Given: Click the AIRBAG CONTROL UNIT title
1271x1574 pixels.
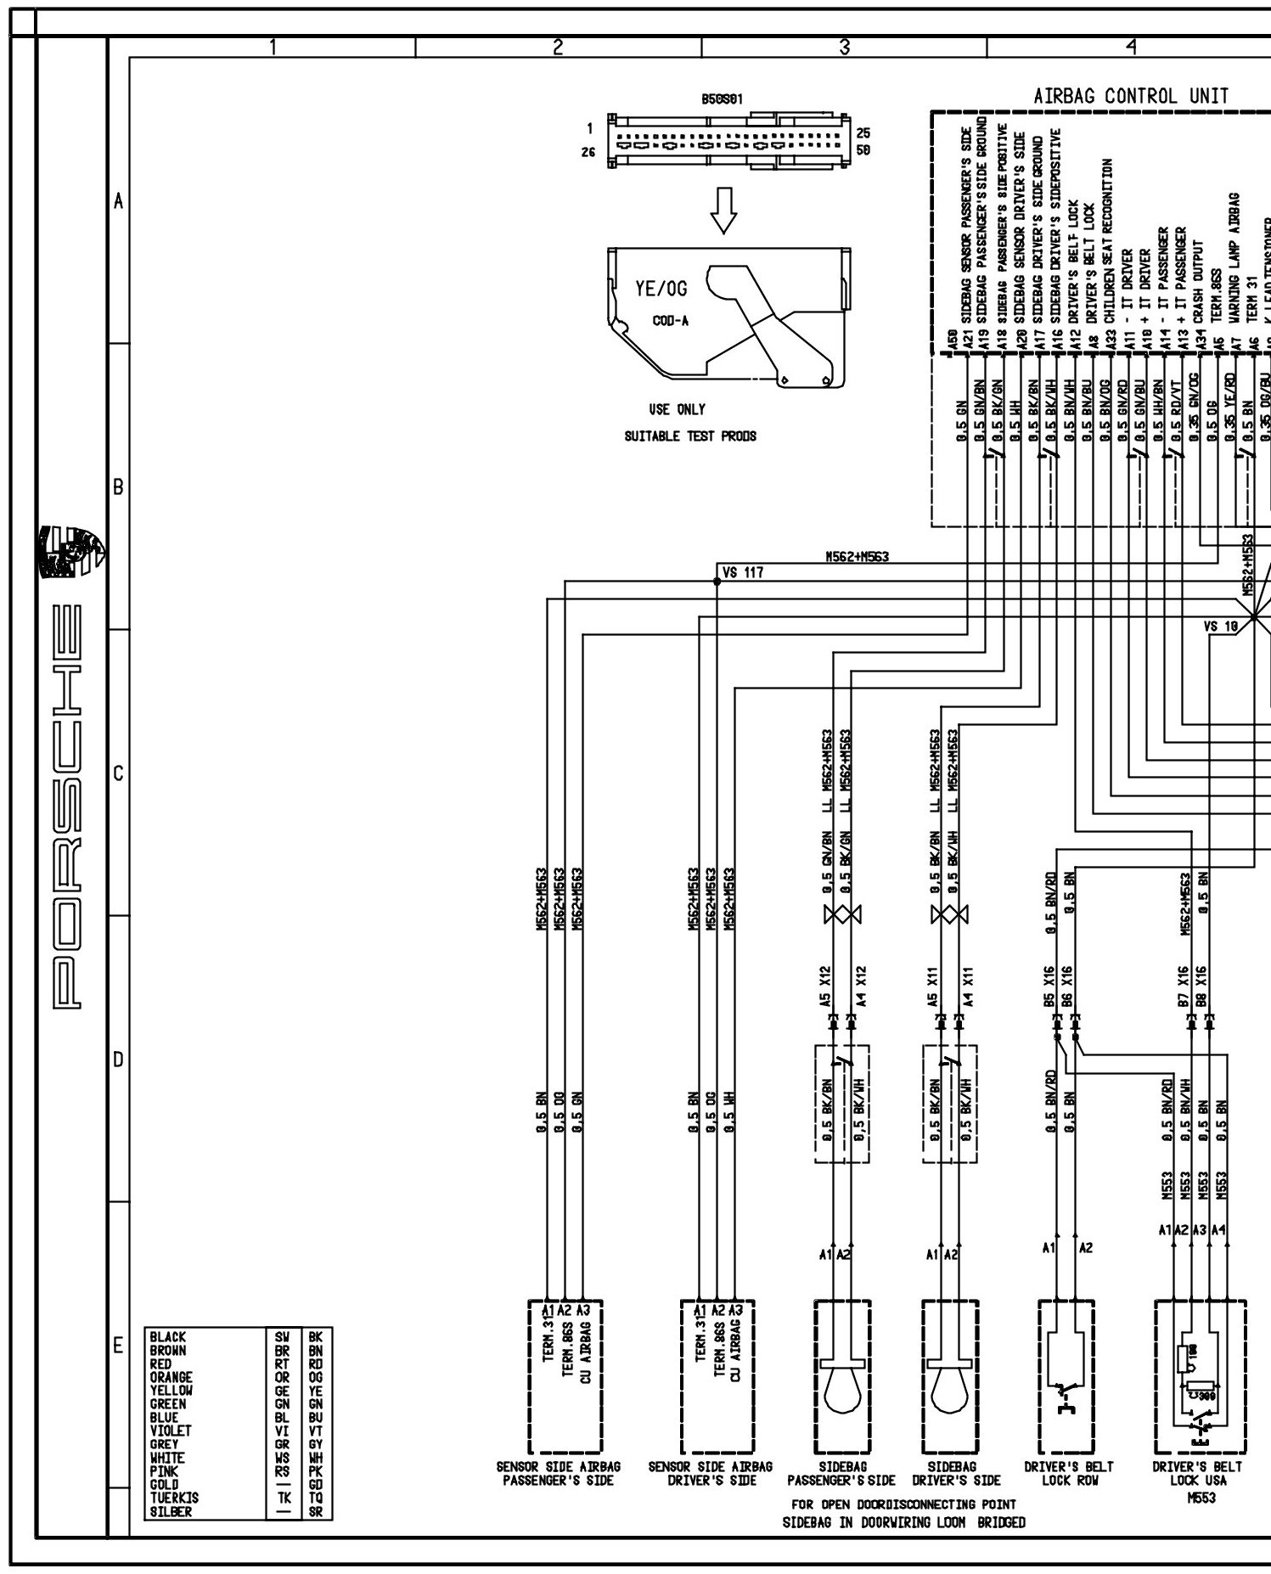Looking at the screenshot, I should pos(1131,96).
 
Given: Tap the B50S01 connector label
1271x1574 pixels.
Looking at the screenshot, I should pos(722,99).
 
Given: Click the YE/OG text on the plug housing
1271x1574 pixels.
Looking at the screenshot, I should pos(661,290).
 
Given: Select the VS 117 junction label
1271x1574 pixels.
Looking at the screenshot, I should pos(743,573).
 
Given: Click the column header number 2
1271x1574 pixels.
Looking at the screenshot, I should pos(558,48).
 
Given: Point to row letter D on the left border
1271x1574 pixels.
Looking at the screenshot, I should pos(118,1060).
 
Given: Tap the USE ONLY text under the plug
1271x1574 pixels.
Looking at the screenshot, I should pos(677,409).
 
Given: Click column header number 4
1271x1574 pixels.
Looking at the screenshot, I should pos(1130,48).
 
